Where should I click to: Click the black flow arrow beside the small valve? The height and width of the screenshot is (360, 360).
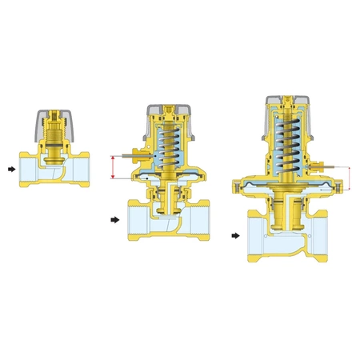click(9, 169)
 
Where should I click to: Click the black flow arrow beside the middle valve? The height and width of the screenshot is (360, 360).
click(114, 218)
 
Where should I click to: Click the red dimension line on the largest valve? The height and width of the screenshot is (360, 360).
click(350, 178)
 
